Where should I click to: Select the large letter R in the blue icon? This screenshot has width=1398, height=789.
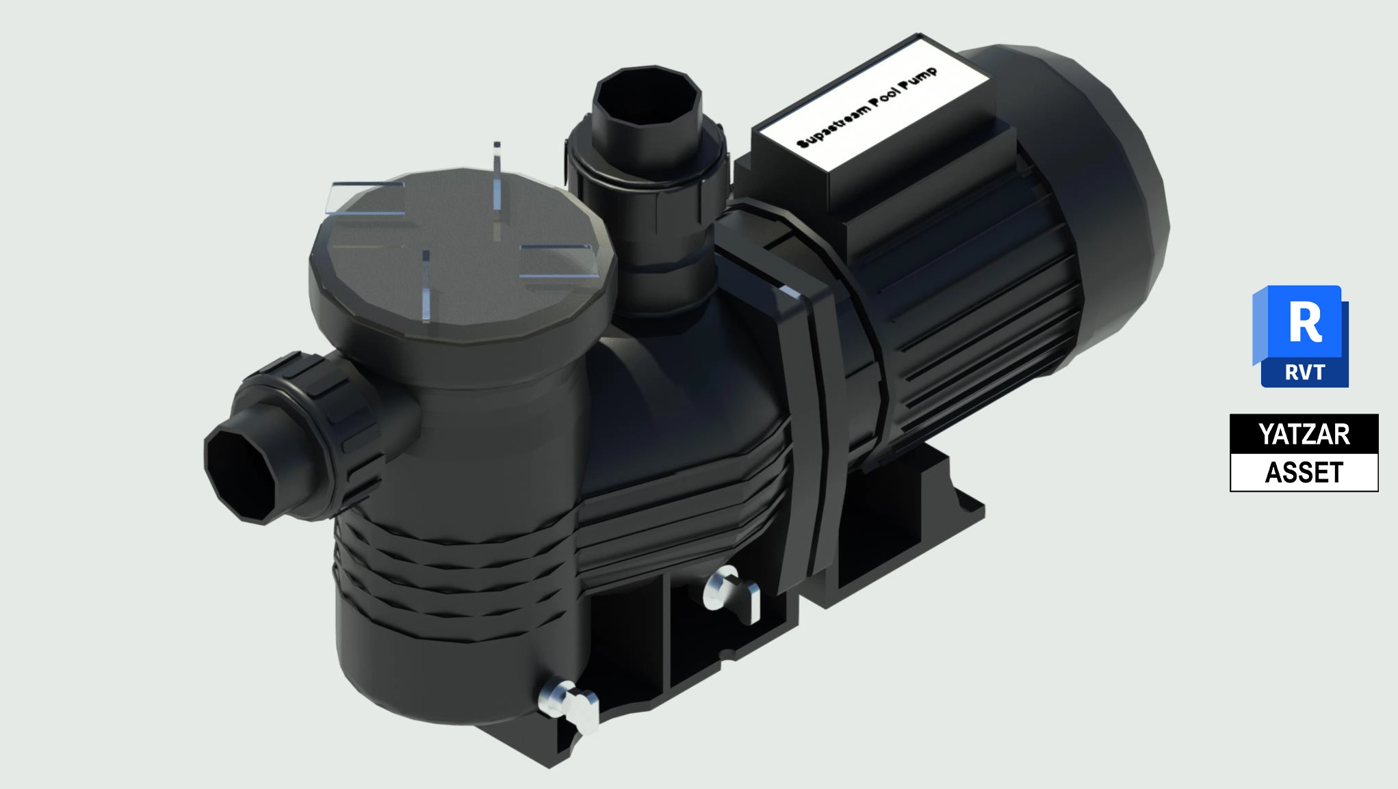[1305, 323]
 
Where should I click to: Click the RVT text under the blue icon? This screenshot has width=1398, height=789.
[1305, 373]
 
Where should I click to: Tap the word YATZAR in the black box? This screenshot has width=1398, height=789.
[1304, 434]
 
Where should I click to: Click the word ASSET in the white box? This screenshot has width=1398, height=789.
[1304, 472]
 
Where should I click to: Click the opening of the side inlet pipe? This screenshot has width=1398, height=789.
[237, 472]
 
